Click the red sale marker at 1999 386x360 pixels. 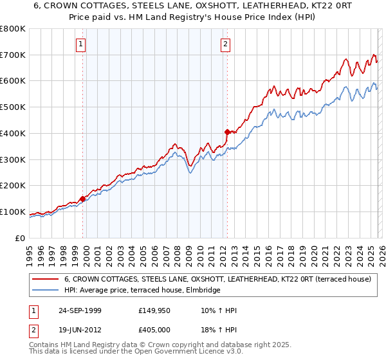83,199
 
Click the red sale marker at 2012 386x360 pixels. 227,132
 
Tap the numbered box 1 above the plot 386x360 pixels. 81,44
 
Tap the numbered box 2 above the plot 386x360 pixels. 226,44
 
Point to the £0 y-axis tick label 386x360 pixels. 20,238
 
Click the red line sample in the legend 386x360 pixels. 46,280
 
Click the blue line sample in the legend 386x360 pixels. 46,291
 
